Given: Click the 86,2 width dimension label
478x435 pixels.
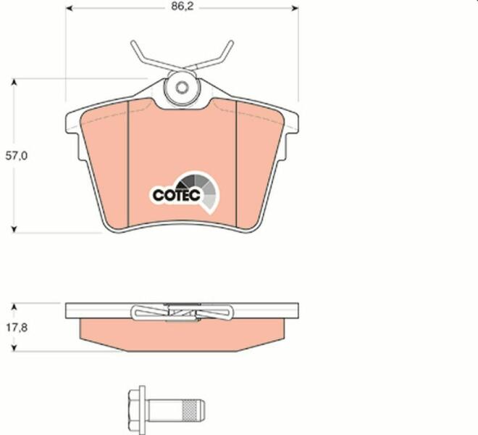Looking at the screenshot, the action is pyautogui.click(x=182, y=7).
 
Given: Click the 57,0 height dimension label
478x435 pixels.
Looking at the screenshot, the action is pyautogui.click(x=17, y=156).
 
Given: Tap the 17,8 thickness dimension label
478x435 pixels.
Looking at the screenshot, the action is pyautogui.click(x=17, y=328).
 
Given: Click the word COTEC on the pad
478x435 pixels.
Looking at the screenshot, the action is pyautogui.click(x=177, y=195).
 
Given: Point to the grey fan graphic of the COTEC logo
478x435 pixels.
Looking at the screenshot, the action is pyautogui.click(x=202, y=190).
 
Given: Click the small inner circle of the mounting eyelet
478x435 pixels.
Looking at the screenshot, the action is pyautogui.click(x=182, y=88).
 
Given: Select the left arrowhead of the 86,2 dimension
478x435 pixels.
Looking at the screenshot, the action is pyautogui.click(x=70, y=8).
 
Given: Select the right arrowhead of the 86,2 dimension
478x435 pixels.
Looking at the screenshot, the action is pyautogui.click(x=295, y=8).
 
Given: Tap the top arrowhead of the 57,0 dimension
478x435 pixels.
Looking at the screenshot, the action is pyautogui.click(x=14, y=83).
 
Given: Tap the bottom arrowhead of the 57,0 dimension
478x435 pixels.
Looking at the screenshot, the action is pyautogui.click(x=14, y=229).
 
